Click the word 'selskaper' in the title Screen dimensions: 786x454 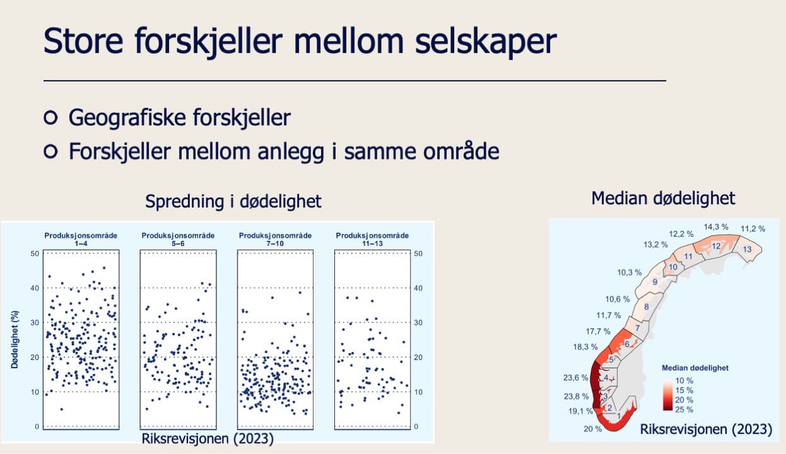point(486,42)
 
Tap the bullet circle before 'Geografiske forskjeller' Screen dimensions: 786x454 point(50,117)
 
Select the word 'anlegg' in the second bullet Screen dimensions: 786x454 point(291,152)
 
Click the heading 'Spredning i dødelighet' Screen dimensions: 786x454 point(233,201)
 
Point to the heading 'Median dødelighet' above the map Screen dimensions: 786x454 point(663,198)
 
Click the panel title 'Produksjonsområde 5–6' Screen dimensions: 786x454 point(178,239)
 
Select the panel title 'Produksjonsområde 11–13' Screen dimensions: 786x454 point(372,239)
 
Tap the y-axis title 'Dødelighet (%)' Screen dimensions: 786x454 point(15,339)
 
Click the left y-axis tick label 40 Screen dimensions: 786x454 point(35,288)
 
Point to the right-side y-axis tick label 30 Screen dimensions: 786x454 point(418,322)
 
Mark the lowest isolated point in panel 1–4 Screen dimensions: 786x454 point(62,409)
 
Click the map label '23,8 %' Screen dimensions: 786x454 point(576,397)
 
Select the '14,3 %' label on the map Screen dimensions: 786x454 point(716,227)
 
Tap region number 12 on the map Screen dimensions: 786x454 point(716,246)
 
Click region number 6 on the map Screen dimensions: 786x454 point(626,344)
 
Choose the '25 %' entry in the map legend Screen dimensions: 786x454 point(684,409)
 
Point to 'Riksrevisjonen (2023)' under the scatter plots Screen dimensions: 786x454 point(208,439)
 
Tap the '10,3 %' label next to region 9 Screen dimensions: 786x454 point(630,272)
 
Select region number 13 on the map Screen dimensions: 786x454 point(747,249)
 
